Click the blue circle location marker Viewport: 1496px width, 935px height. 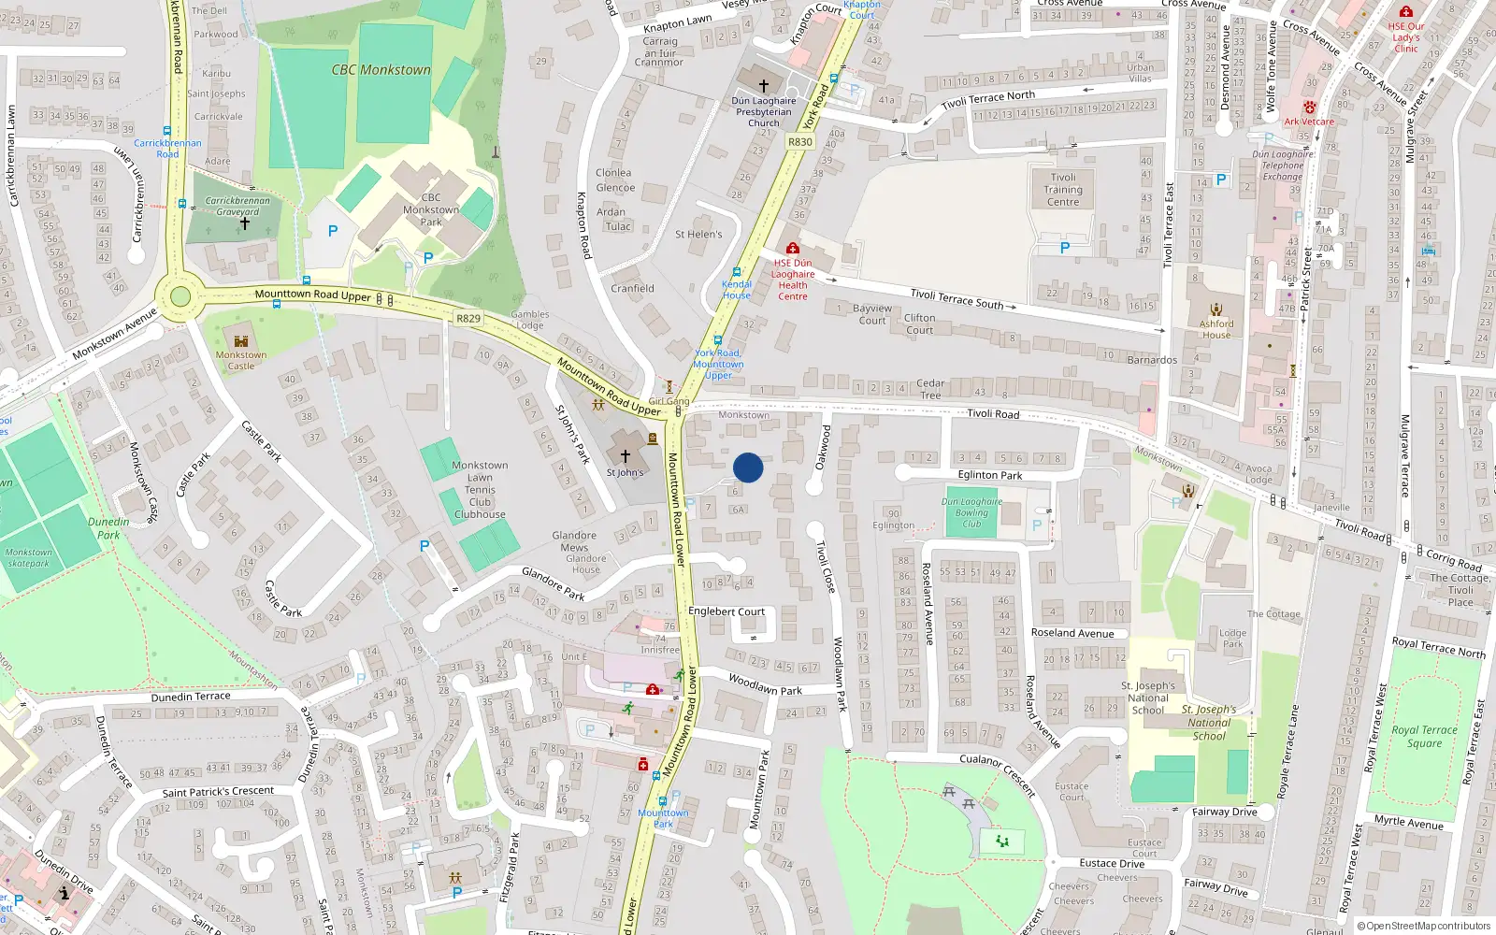[748, 467]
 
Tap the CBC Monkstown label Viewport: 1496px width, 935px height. [381, 70]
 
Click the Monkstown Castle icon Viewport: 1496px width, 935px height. [241, 341]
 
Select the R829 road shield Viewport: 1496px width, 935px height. [468, 319]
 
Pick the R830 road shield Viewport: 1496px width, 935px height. [799, 142]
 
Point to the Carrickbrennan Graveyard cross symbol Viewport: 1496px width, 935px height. [245, 224]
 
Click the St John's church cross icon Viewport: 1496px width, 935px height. [626, 456]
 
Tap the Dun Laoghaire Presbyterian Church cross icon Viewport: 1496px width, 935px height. [763, 86]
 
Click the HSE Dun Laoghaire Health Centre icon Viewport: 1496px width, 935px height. [793, 249]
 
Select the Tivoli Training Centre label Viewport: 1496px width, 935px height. [1063, 189]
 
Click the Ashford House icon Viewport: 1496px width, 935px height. [1216, 309]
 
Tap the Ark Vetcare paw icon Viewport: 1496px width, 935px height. [1309, 108]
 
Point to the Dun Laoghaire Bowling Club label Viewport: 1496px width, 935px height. [971, 512]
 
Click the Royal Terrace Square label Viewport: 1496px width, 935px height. [1424, 737]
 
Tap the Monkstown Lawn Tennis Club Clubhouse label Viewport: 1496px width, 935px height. [480, 490]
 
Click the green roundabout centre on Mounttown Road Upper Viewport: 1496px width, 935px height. [180, 297]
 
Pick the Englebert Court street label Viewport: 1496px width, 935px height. [726, 611]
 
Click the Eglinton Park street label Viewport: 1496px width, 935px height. [990, 475]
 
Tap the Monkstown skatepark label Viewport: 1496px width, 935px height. [29, 557]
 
